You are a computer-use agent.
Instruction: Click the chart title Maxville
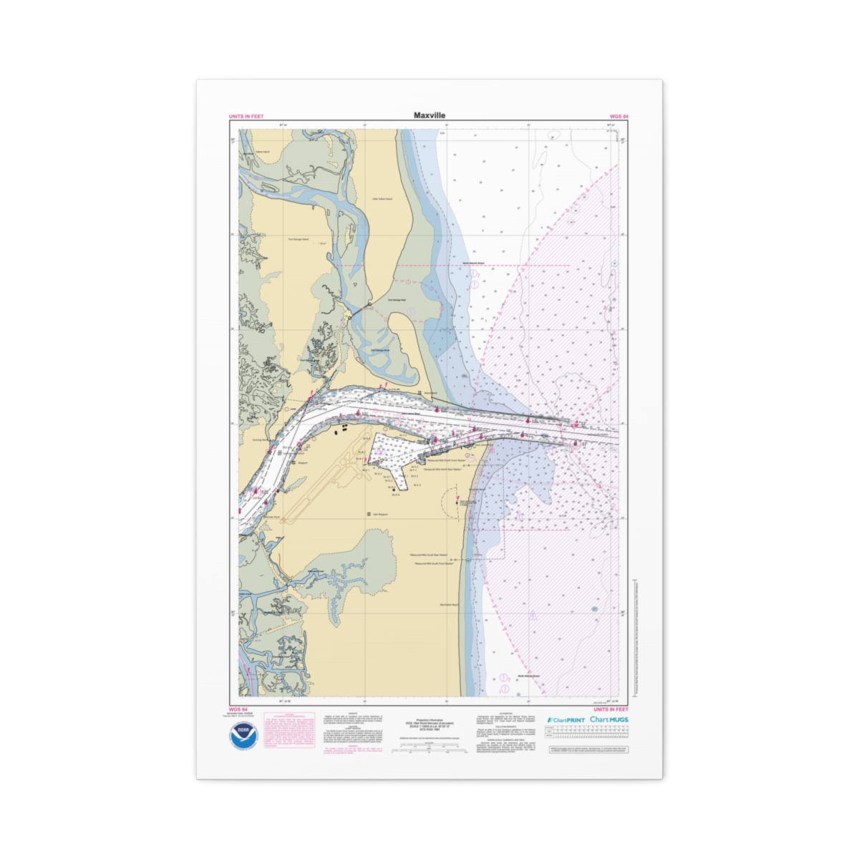click(x=429, y=115)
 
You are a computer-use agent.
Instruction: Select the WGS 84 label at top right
click(x=618, y=117)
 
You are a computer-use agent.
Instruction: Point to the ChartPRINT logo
click(x=566, y=719)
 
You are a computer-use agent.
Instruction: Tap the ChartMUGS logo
click(x=609, y=719)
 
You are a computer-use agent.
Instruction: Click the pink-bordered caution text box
click(x=289, y=730)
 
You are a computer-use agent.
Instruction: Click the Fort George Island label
click(x=298, y=239)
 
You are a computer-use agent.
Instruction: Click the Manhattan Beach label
click(x=450, y=605)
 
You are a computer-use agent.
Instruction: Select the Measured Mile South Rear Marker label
click(x=428, y=555)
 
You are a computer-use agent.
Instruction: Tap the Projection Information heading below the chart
click(x=429, y=719)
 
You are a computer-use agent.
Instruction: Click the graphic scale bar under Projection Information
click(x=429, y=747)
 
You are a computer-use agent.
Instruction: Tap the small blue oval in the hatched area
click(x=595, y=609)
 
